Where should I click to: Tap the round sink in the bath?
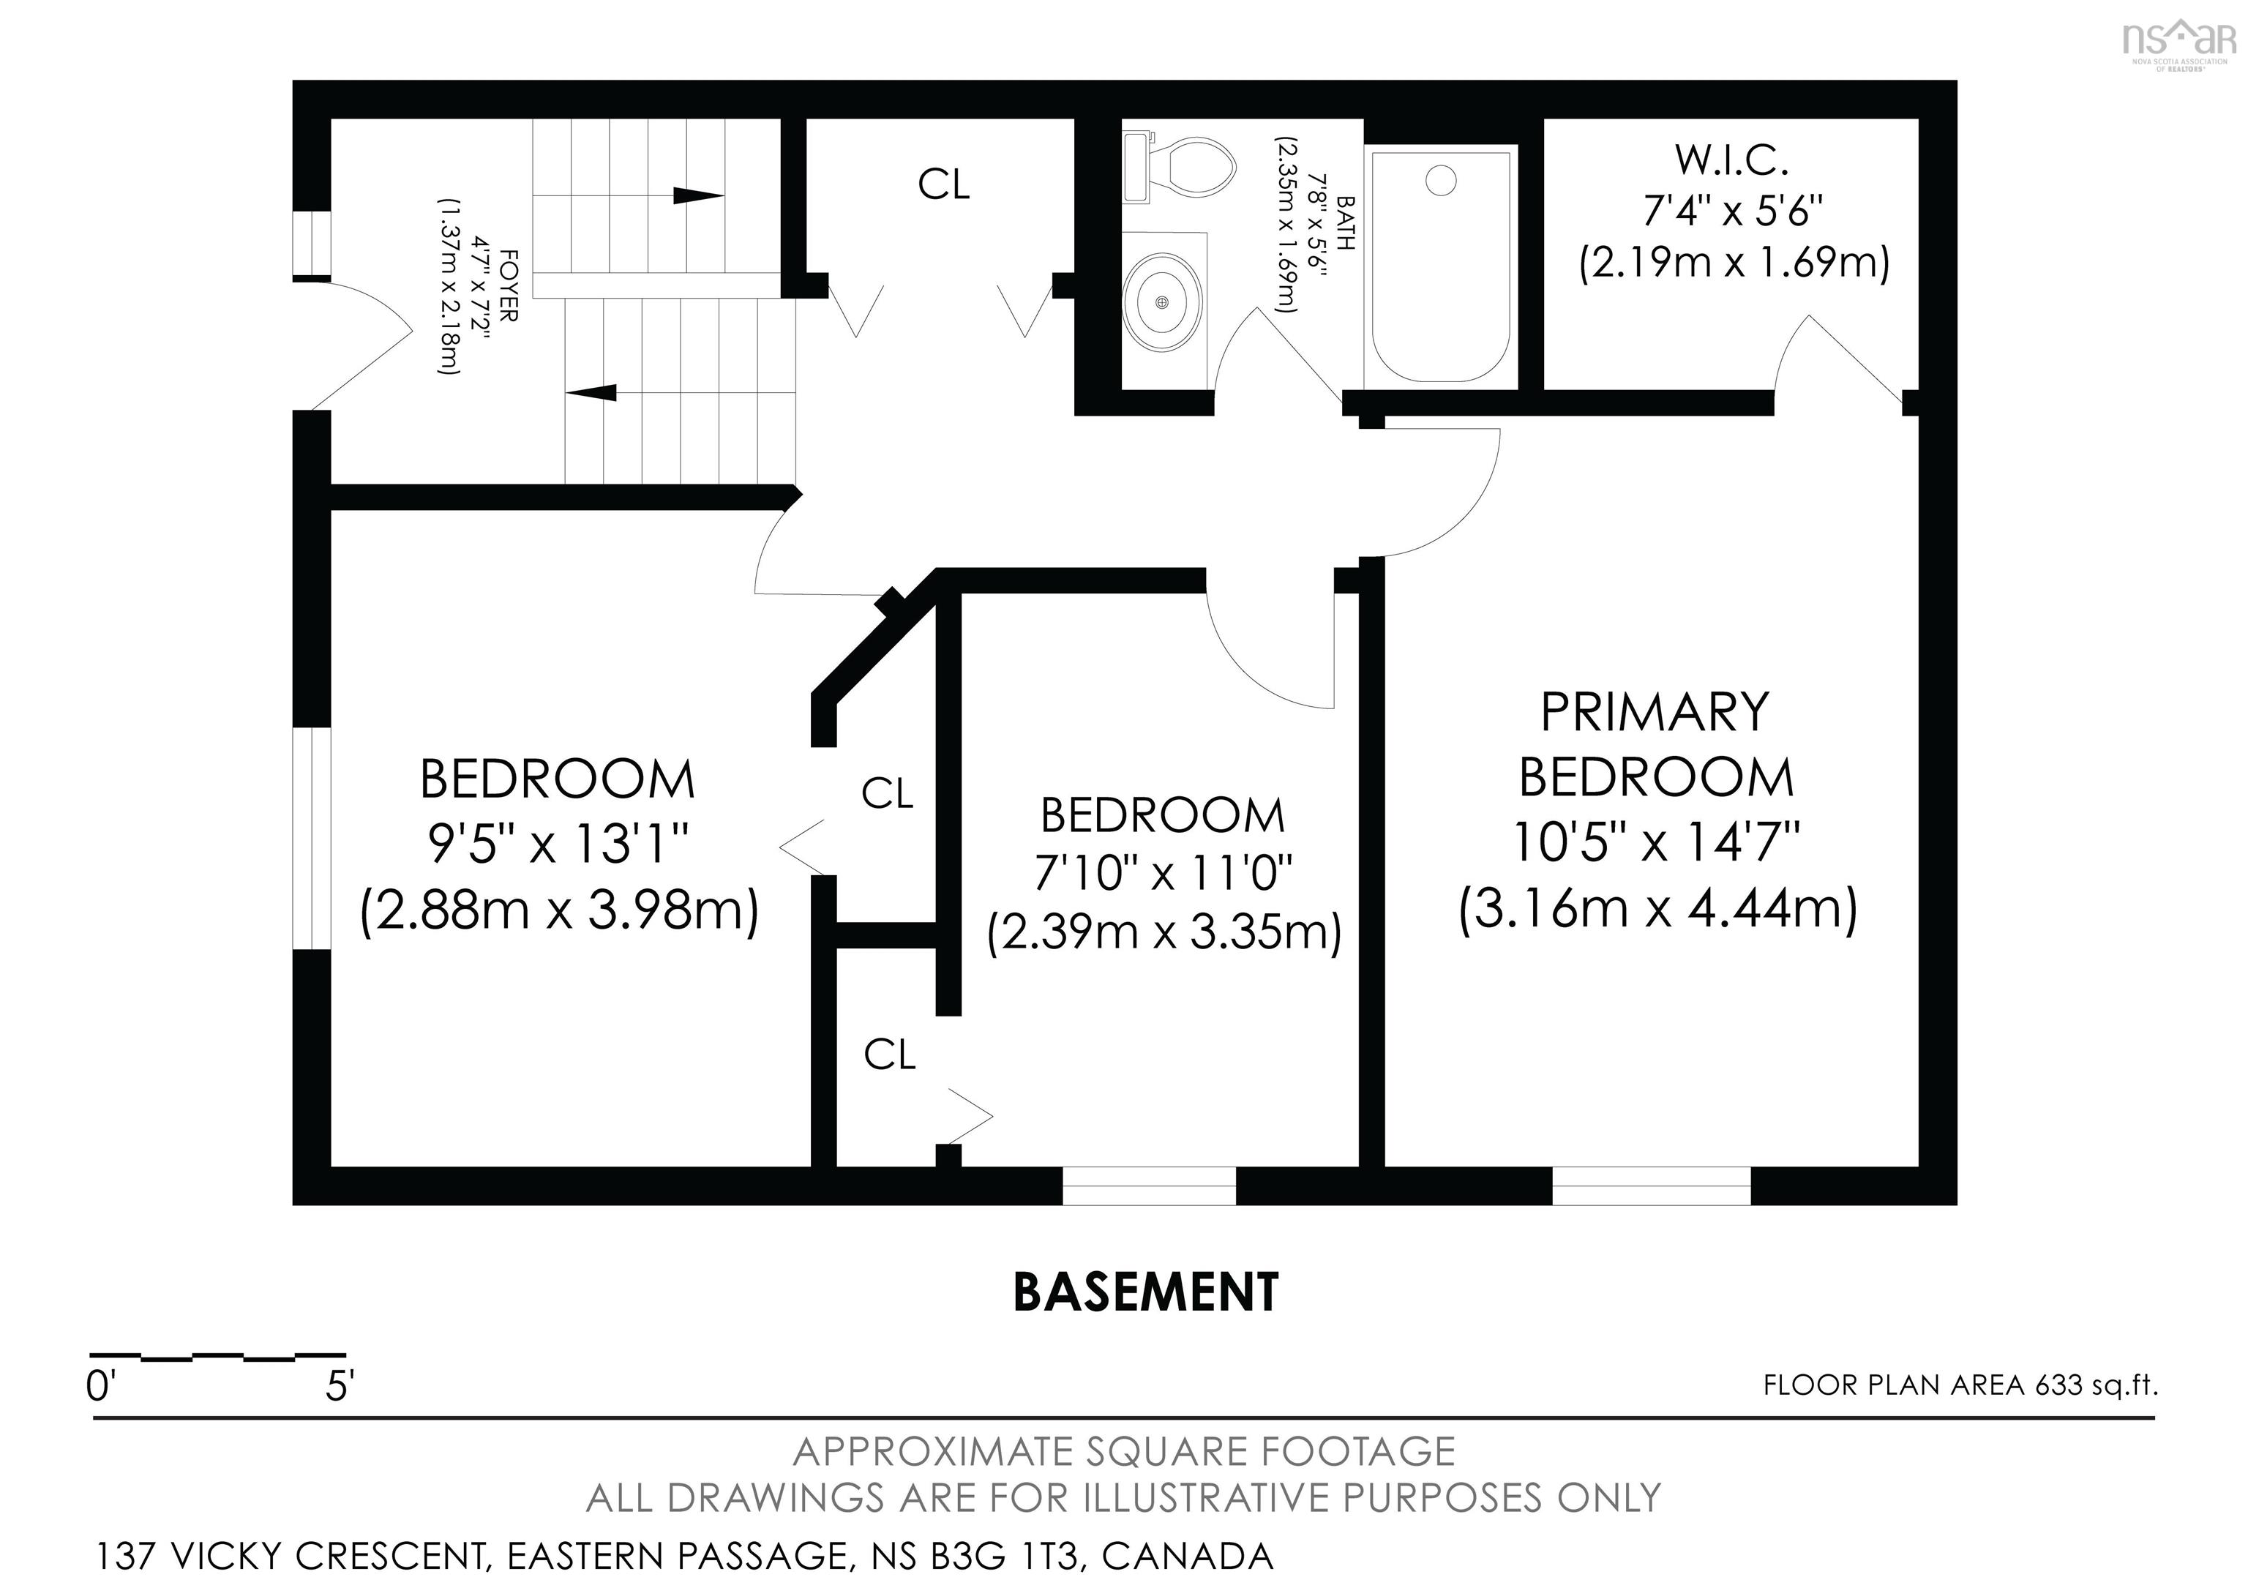(1162, 301)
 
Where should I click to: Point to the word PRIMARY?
(1655, 712)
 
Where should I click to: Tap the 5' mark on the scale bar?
(339, 1386)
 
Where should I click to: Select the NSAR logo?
(2179, 44)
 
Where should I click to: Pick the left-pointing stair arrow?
(591, 392)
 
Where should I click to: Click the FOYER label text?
(509, 287)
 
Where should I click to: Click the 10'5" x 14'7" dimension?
(1657, 841)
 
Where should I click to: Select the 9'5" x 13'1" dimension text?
(559, 843)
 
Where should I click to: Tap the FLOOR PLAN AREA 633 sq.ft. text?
(1960, 1385)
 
